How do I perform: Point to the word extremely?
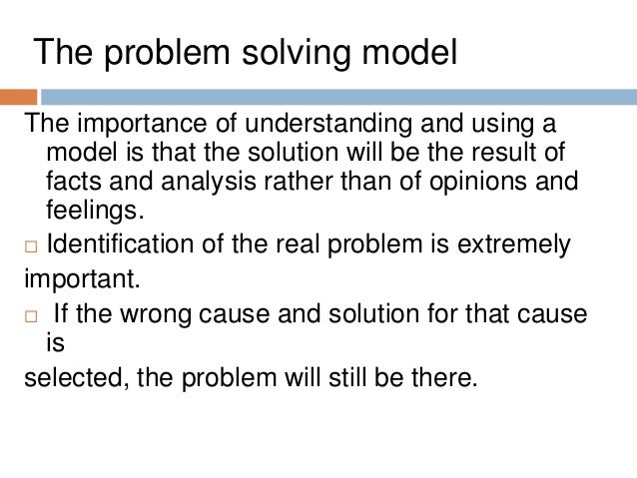508,244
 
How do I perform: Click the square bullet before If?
29,316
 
